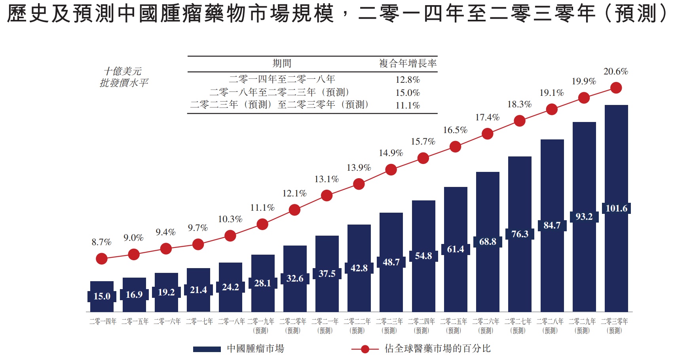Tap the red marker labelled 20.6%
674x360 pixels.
[x=616, y=88]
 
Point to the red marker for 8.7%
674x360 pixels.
[x=102, y=259]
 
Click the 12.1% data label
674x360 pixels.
[x=294, y=193]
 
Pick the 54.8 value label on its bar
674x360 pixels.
[x=423, y=256]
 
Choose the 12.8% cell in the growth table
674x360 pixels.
[x=408, y=80]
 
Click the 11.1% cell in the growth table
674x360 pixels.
[x=408, y=105]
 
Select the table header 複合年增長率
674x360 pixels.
[x=408, y=63]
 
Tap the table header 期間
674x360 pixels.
[x=282, y=63]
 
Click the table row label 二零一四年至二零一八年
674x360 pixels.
[x=282, y=79]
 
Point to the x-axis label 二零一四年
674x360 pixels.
[x=103, y=322]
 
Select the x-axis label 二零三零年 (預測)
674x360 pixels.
[x=614, y=326]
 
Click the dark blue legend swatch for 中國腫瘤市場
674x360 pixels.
[x=207, y=349]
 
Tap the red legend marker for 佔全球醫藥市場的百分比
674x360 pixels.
[x=365, y=349]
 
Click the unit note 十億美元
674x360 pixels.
[x=123, y=71]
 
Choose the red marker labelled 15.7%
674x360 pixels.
[x=423, y=158]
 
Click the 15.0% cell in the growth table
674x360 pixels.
[x=408, y=93]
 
